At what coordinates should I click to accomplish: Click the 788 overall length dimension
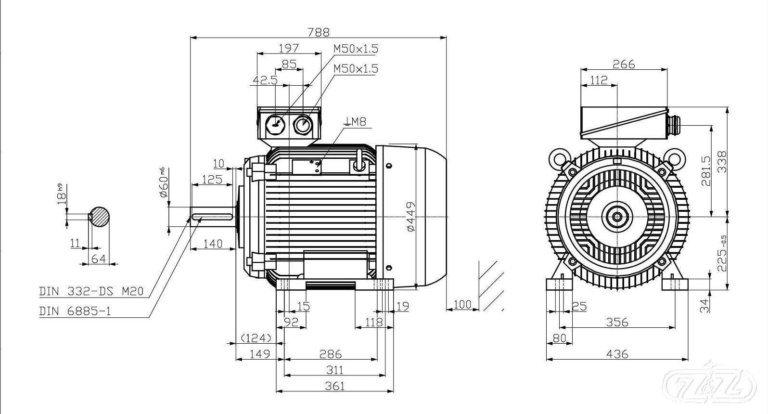[x=319, y=32]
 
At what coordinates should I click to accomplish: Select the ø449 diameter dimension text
[x=410, y=217]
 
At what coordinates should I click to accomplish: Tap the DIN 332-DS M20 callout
[x=91, y=291]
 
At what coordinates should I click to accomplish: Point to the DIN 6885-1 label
[x=75, y=311]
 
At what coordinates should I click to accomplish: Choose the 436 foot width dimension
[x=617, y=354]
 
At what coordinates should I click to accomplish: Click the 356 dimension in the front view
[x=617, y=322]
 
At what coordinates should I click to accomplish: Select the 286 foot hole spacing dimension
[x=331, y=354]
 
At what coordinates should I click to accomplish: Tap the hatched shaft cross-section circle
[x=100, y=217]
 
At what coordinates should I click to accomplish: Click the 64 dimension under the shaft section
[x=98, y=259]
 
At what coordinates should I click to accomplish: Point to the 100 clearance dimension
[x=462, y=304]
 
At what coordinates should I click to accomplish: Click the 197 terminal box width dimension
[x=289, y=48]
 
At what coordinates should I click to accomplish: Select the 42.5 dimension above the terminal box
[x=265, y=80]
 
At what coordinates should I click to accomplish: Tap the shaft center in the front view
[x=617, y=217]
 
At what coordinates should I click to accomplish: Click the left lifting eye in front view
[x=560, y=156]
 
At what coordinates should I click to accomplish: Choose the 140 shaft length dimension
[x=213, y=244]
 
